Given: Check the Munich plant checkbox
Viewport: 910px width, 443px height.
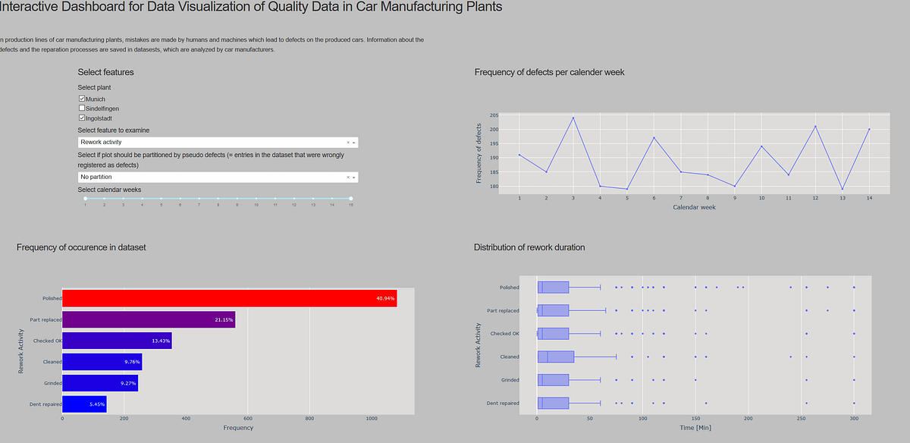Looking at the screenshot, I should (x=82, y=99).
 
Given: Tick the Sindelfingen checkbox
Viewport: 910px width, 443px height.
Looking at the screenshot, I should (x=82, y=108).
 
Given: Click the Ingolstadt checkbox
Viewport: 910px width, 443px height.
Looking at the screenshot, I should (x=82, y=118).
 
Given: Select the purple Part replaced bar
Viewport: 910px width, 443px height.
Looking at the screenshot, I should (x=149, y=319).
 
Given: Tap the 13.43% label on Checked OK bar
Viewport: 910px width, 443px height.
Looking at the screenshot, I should (x=161, y=341).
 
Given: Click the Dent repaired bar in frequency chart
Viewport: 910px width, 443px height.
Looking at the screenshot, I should (x=84, y=404).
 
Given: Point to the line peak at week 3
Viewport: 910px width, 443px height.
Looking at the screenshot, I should (x=573, y=118).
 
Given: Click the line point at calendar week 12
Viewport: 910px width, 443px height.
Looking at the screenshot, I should (x=815, y=126).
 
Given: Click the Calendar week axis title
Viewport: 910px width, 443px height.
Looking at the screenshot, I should (x=694, y=207).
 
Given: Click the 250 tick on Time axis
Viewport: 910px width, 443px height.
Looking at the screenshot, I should (x=802, y=419).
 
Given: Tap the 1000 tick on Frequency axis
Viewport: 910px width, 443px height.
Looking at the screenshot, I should (x=372, y=419).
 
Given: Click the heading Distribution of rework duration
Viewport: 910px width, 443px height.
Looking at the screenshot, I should (x=529, y=247).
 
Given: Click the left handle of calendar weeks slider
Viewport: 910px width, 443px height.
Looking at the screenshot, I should (x=85, y=199).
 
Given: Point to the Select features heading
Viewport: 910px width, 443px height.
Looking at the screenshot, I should (x=105, y=72).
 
